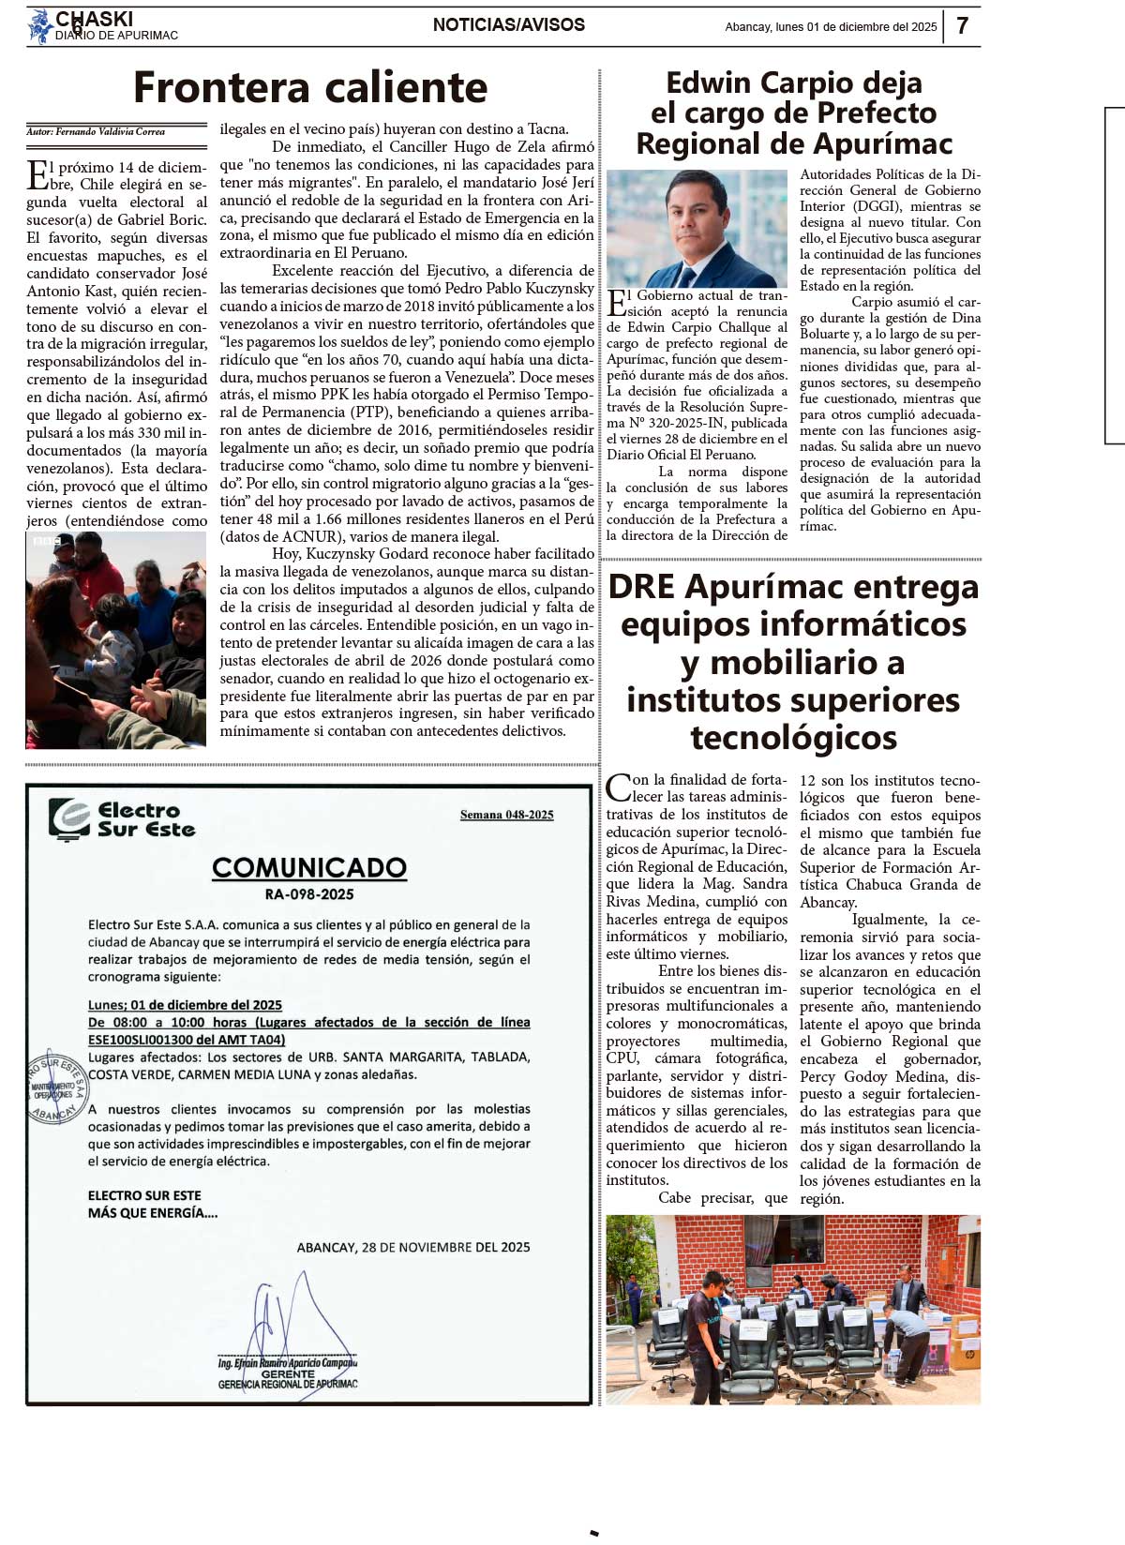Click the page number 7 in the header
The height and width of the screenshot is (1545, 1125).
pyautogui.click(x=962, y=25)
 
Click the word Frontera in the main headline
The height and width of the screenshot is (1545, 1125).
pyautogui.click(x=221, y=87)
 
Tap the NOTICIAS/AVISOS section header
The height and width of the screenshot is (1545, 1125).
pyautogui.click(x=508, y=25)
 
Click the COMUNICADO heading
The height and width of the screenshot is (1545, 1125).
pyautogui.click(x=309, y=867)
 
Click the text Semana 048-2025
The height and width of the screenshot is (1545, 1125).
pyautogui.click(x=506, y=815)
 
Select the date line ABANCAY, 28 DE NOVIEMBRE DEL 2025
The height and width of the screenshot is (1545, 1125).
pyautogui.click(x=413, y=1247)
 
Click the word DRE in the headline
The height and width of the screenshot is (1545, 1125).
pyautogui.click(x=641, y=587)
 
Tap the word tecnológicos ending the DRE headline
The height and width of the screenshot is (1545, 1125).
pyautogui.click(x=793, y=738)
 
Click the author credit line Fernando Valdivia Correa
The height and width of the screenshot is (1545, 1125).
pyautogui.click(x=96, y=132)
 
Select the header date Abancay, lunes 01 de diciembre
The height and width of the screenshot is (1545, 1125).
pyautogui.click(x=830, y=27)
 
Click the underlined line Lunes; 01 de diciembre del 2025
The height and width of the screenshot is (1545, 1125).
pyautogui.click(x=185, y=1004)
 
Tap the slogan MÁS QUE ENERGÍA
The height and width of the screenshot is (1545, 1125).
pyautogui.click(x=153, y=1212)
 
